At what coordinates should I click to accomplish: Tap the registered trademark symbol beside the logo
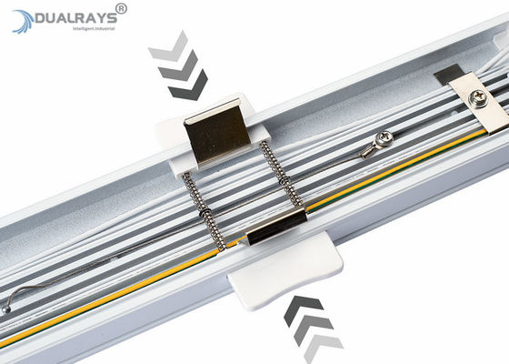click(x=122, y=8)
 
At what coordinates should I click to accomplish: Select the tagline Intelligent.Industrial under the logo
click(x=75, y=31)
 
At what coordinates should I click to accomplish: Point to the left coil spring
click(x=204, y=208)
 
